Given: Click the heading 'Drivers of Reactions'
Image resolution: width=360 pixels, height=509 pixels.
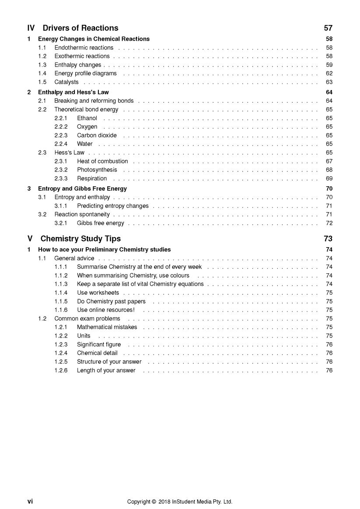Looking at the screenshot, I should pos(80,28).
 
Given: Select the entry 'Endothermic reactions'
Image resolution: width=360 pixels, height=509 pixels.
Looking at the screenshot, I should pos(84,48).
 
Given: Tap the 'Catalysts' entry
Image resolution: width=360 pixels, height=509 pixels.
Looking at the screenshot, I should pos(66,82).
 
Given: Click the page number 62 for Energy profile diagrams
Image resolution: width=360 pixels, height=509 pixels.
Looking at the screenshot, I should pos(329,73).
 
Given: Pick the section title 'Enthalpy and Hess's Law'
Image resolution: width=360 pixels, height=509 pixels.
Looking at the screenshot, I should pos(73,92).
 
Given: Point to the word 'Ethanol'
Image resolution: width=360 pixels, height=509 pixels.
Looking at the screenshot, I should pos(87,118).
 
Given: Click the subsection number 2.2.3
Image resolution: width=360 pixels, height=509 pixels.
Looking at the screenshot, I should pos(61,136).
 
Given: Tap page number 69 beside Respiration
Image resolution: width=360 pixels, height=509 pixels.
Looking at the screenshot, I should pos(329,178).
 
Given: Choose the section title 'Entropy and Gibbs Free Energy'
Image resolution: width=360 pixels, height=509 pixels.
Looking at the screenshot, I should pos(82,189).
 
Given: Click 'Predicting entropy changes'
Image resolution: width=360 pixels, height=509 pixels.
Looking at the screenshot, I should pos(113,206).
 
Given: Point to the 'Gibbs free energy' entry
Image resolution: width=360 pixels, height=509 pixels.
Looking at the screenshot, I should pos(101,223).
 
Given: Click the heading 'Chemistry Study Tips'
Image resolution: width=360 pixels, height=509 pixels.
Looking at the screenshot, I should pos(80,239).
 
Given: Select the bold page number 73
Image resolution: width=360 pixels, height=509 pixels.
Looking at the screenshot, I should pos(328,239).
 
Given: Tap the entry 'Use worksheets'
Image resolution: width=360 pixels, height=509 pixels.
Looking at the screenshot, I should pos(98,293).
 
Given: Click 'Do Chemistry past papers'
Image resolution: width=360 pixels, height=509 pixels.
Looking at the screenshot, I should pos(111,302).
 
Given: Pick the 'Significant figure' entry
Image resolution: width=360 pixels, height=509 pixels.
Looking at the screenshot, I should pos(99,345).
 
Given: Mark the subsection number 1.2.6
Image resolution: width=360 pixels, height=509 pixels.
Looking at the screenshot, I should pos(61,371).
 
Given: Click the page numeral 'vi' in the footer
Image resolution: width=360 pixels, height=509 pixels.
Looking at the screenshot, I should pos(30,502).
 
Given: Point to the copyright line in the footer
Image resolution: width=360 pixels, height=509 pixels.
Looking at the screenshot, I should pos(180,502).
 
